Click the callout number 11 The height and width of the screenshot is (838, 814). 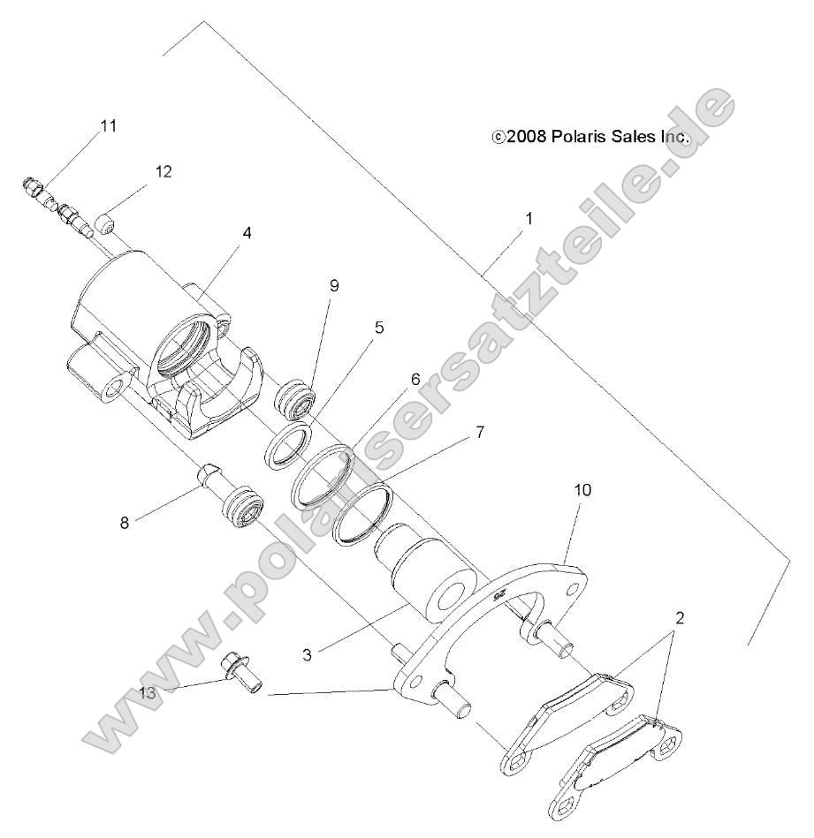(109, 126)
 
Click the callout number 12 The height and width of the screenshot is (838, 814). (164, 170)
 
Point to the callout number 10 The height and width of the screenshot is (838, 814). (583, 488)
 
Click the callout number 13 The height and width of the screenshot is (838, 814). (148, 693)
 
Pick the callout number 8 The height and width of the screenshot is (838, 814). (125, 522)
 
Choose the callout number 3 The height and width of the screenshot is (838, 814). (306, 653)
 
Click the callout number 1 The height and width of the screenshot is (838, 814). (529, 216)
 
